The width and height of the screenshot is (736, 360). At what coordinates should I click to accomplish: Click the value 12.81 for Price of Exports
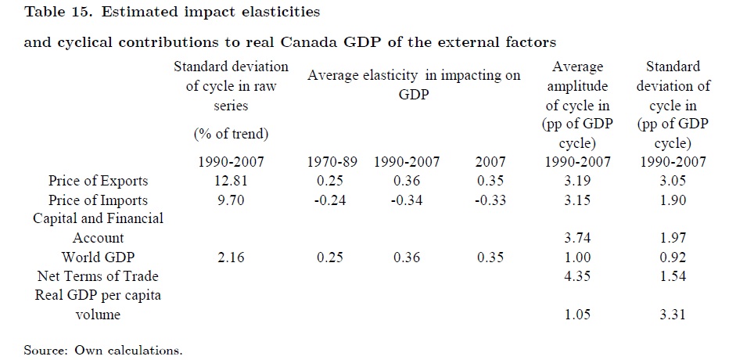point(231,181)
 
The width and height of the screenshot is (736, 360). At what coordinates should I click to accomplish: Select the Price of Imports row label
point(98,200)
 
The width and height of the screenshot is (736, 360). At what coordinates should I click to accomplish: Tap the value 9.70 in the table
point(231,200)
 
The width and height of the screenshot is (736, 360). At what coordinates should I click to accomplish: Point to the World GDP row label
point(98,257)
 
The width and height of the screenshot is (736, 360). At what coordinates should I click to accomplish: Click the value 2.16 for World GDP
point(231,257)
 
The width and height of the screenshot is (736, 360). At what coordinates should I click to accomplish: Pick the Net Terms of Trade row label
point(98,276)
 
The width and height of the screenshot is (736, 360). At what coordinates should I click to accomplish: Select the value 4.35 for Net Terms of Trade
point(577,276)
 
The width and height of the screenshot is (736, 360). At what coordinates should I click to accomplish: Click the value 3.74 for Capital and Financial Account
point(577,238)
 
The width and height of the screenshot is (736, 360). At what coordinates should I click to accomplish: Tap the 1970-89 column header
point(332,162)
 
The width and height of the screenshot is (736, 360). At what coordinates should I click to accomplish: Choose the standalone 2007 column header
point(490,162)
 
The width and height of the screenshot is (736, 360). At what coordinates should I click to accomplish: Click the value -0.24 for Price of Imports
point(329,200)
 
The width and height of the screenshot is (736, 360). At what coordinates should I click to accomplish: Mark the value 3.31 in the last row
point(672,314)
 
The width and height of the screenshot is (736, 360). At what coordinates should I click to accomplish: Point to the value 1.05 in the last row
point(577,314)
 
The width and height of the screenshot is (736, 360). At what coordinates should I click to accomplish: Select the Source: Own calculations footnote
point(103,350)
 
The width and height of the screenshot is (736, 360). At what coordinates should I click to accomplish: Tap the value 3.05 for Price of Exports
point(672,181)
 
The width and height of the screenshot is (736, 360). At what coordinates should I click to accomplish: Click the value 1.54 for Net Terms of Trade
point(672,276)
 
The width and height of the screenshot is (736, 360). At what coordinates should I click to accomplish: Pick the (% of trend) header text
point(231,135)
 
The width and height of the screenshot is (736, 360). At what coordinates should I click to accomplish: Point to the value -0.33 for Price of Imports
point(490,200)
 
